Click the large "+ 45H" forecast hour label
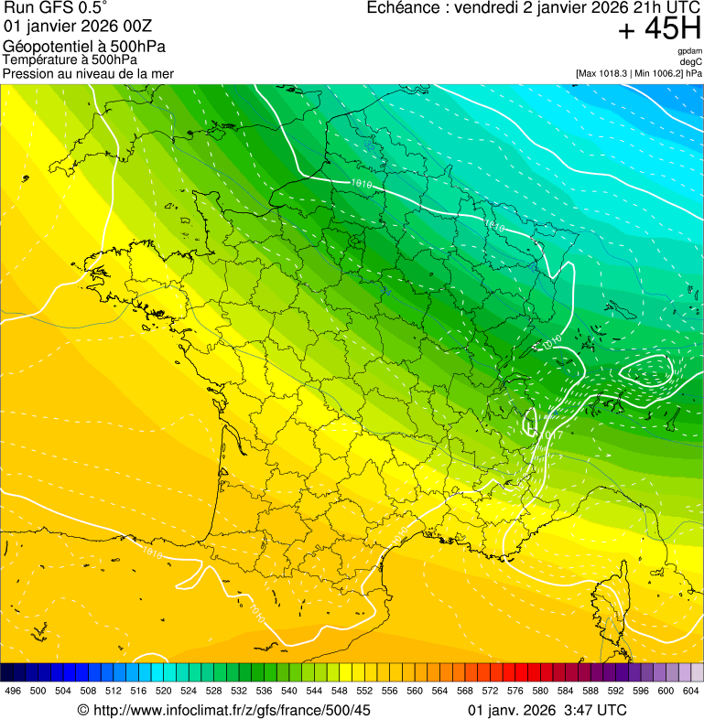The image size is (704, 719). [659, 29]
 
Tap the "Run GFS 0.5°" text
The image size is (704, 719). [56, 8]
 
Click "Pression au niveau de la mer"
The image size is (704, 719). [88, 73]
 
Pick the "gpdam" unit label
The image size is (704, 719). [690, 51]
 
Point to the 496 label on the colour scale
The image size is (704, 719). [13, 691]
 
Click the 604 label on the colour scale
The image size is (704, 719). [691, 691]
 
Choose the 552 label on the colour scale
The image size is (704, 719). [364, 691]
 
